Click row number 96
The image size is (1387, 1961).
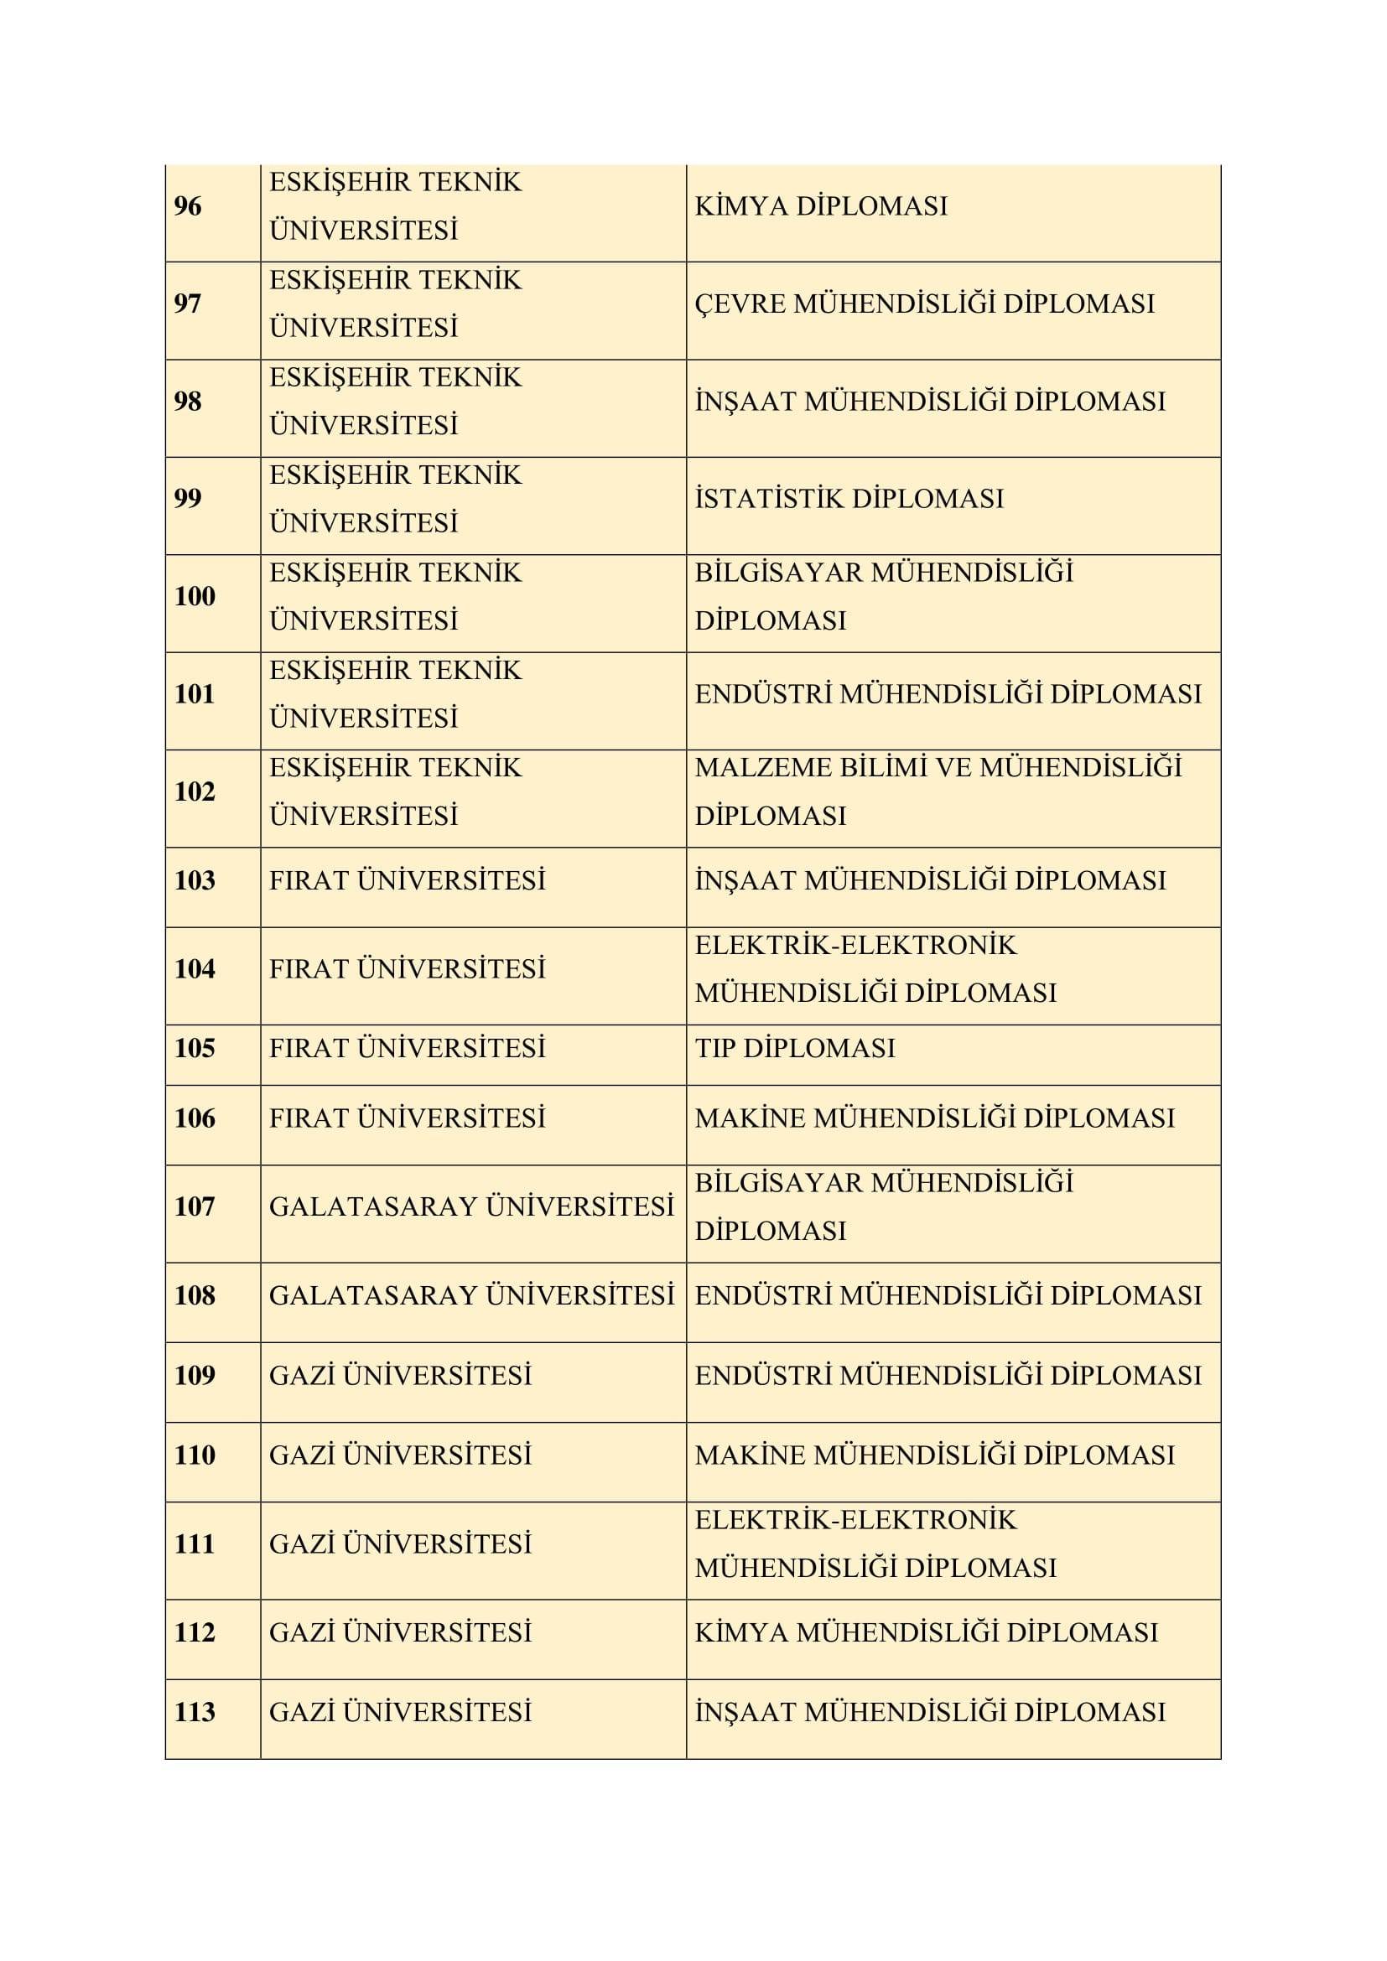(x=188, y=206)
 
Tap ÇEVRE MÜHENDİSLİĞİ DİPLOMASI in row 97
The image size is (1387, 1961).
(x=924, y=303)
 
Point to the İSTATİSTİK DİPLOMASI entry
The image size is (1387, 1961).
(x=849, y=498)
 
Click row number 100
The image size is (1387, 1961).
(x=195, y=596)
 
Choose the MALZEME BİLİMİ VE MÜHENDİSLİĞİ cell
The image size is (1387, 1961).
(x=938, y=768)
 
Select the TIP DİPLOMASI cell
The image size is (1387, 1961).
(x=795, y=1048)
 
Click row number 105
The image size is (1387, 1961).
(x=195, y=1048)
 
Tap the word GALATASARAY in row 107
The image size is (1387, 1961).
(x=373, y=1206)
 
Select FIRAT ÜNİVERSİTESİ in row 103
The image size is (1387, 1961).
(x=408, y=879)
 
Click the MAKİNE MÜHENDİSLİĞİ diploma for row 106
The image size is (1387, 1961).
(x=934, y=1118)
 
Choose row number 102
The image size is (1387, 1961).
(x=195, y=791)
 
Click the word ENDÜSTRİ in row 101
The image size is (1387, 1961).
(x=762, y=693)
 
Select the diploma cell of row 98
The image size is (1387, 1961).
(x=930, y=401)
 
